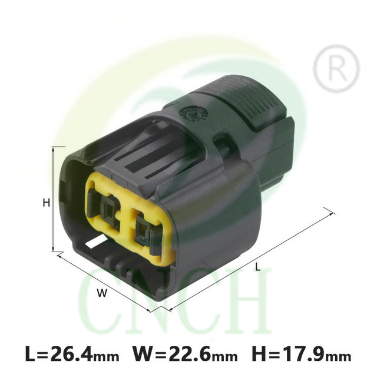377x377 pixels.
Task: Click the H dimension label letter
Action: (46, 203)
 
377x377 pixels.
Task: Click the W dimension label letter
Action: (102, 293)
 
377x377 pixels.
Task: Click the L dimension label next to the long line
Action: (257, 267)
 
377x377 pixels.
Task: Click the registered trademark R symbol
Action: (336, 68)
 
